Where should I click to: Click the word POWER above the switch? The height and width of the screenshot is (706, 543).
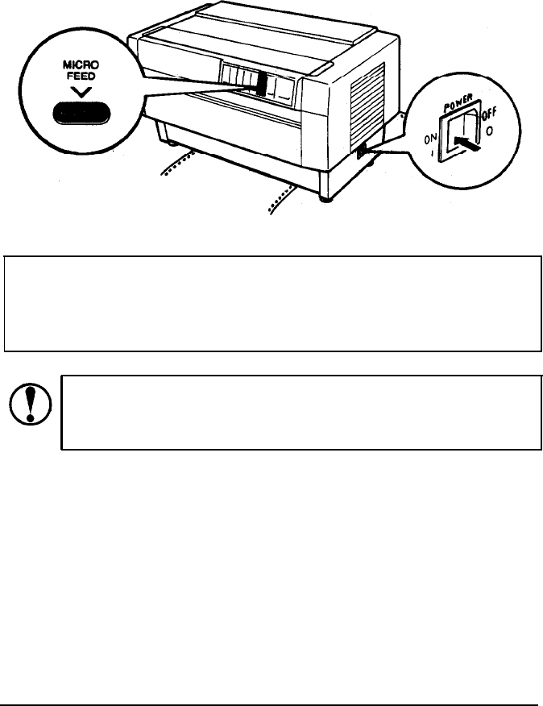[462, 106]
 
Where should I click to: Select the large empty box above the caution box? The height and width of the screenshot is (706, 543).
[271, 304]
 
